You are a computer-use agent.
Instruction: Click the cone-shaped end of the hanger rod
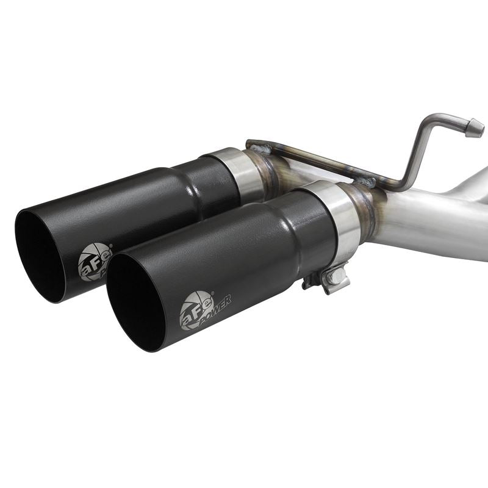[x=475, y=128]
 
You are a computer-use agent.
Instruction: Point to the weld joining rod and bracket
[x=366, y=181]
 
